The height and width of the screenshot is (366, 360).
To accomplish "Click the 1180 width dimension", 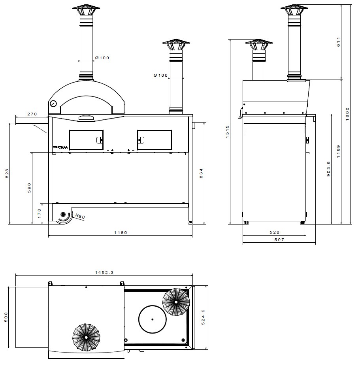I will [121, 233].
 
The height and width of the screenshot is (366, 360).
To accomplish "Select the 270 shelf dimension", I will [32, 114].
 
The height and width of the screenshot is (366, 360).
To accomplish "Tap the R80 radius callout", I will [80, 216].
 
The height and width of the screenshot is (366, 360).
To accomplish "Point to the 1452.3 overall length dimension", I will [104, 272].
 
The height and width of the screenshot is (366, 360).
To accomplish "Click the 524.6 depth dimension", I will [203, 317].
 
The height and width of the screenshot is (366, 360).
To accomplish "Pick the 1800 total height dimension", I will [347, 114].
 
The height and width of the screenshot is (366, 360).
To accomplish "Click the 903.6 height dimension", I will [329, 169].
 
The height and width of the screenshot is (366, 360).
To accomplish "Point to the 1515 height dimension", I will [227, 132].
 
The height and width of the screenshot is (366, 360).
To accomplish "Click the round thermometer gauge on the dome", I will [53, 104].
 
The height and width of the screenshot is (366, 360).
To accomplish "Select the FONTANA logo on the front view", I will [60, 147].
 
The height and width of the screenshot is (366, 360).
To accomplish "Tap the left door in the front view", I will [86, 140].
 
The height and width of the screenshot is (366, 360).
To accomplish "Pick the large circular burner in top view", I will [153, 319].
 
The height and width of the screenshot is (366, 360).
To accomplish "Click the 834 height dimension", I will [201, 173].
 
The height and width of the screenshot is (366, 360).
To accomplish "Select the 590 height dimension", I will [29, 187].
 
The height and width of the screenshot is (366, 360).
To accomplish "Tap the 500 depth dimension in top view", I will [6, 317].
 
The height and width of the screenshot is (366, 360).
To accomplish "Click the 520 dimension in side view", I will [275, 232].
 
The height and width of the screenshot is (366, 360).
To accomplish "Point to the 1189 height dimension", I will [338, 152].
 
